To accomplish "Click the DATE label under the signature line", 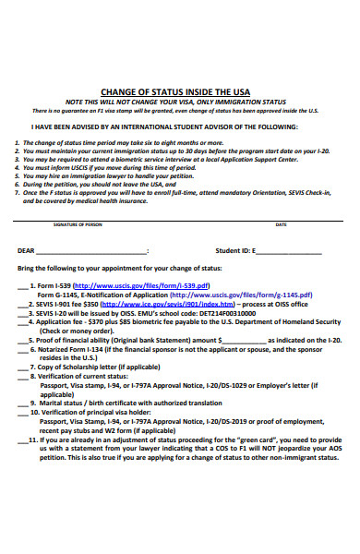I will [281, 224].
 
